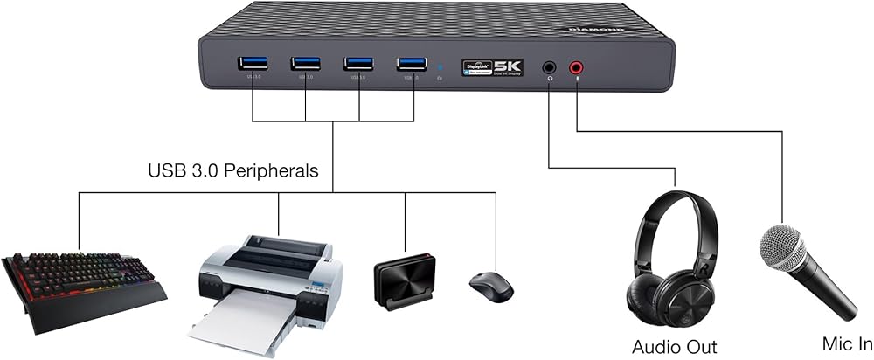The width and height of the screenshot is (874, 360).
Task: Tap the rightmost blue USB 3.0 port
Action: pos(411,64)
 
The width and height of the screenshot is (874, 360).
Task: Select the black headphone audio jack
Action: pos(549,66)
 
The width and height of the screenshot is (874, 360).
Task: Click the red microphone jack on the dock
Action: pos(577,66)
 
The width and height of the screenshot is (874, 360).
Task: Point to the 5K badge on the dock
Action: pos(508,66)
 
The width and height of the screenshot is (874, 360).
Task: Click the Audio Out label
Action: pos(674,347)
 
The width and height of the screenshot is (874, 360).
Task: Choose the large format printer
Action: pos(267,280)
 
